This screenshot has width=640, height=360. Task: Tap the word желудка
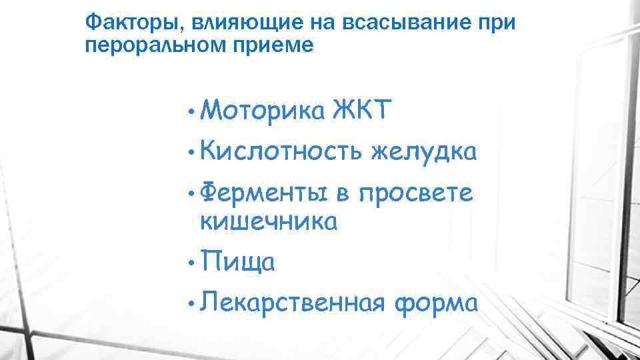tap(423, 153)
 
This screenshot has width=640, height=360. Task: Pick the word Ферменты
tap(264, 194)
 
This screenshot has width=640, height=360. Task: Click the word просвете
tap(415, 194)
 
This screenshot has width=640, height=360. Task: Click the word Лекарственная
tap(293, 303)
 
